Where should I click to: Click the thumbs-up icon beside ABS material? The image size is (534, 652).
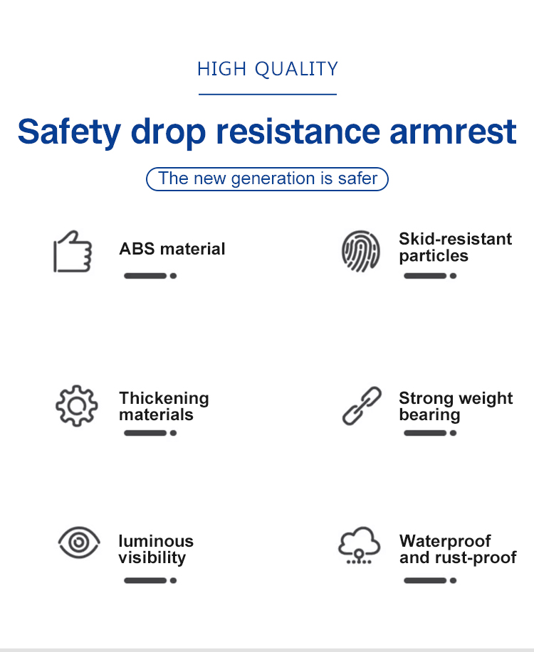(x=73, y=251)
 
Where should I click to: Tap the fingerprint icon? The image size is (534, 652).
(x=361, y=251)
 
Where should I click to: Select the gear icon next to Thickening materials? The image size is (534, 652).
(x=77, y=406)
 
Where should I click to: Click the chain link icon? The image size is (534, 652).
(x=362, y=406)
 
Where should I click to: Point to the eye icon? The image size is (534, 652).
(x=79, y=543)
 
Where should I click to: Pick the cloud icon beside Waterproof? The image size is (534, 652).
(x=359, y=545)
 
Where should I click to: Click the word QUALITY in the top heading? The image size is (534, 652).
(x=296, y=69)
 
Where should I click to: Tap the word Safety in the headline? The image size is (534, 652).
(x=69, y=132)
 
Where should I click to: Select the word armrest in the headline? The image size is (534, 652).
(x=453, y=132)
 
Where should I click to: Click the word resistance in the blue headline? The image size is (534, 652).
(x=298, y=132)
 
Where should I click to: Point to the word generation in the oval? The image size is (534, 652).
(x=273, y=178)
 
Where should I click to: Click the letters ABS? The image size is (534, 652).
(x=137, y=249)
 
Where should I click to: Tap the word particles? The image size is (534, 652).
(x=434, y=256)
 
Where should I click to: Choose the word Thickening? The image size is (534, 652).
(x=164, y=398)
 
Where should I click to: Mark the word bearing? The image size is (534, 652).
(x=429, y=415)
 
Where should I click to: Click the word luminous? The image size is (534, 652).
(x=156, y=541)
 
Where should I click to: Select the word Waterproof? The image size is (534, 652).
(x=445, y=541)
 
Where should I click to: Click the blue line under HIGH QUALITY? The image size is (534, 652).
(x=268, y=95)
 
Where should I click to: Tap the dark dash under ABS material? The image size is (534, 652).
(x=145, y=276)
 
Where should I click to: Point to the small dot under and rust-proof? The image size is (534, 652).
(x=454, y=580)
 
